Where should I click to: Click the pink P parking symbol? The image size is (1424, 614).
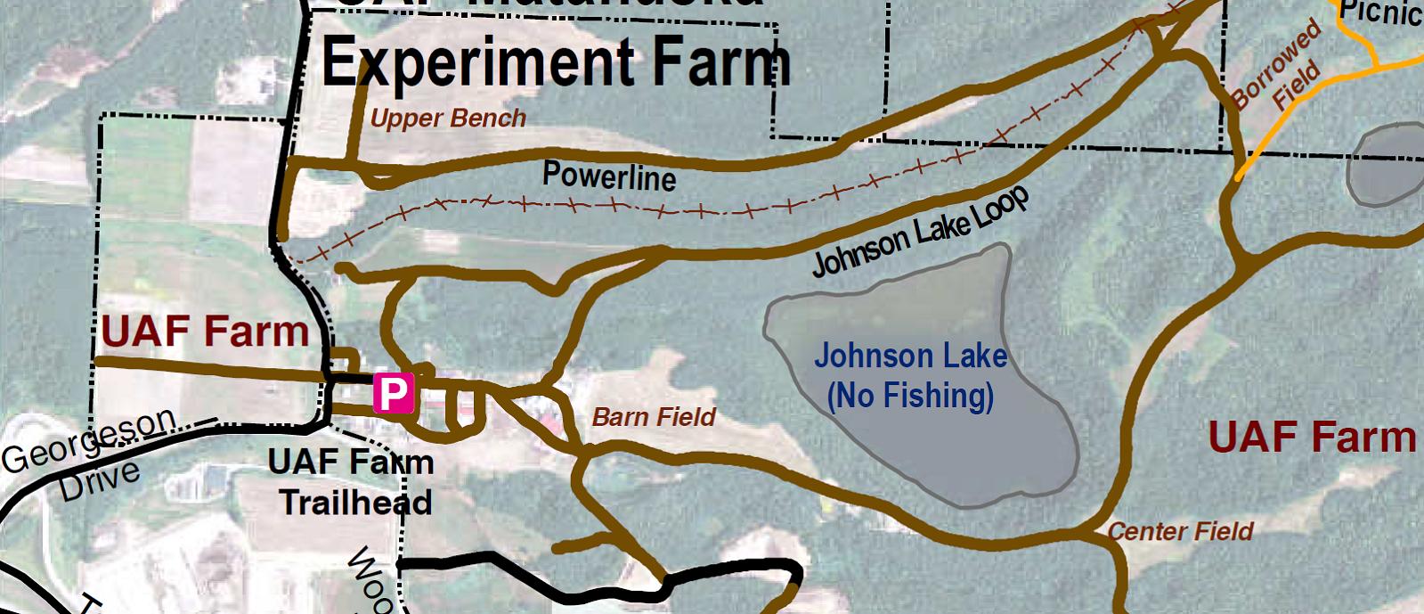click(x=393, y=391)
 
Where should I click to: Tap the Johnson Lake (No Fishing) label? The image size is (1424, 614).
click(x=910, y=375)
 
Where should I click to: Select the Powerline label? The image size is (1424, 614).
click(x=609, y=176)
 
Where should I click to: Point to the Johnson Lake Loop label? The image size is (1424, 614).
click(x=921, y=233)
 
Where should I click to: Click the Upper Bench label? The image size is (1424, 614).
click(x=448, y=119)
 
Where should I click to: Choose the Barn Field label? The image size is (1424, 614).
click(x=654, y=417)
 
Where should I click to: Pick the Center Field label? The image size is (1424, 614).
click(x=1180, y=532)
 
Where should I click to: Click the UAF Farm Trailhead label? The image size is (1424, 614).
click(x=353, y=482)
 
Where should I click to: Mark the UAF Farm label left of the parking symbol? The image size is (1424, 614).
click(x=205, y=332)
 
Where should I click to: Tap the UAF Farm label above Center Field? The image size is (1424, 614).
click(x=1312, y=438)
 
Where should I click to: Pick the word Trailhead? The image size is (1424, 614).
click(x=356, y=503)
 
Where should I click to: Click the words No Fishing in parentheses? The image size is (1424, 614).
click(x=910, y=395)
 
